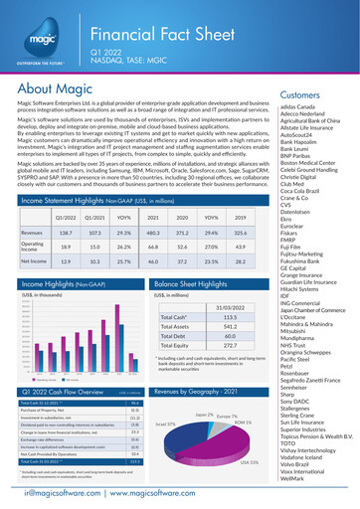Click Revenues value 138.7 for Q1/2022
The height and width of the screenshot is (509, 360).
66,229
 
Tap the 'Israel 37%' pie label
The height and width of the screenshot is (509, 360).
166,424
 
